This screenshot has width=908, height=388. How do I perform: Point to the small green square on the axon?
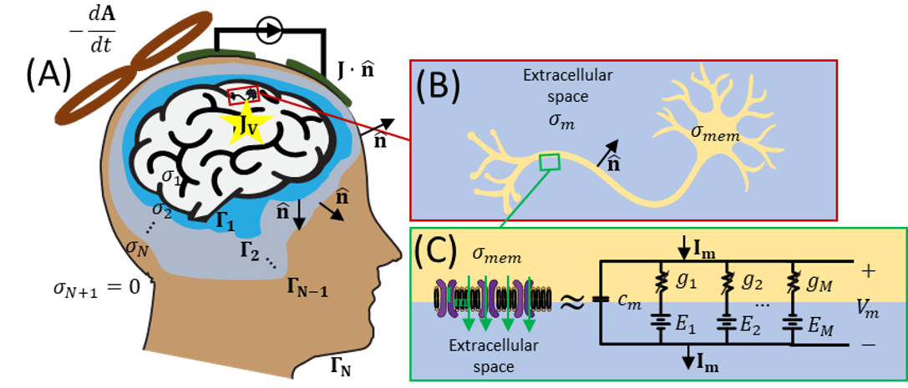click(548, 162)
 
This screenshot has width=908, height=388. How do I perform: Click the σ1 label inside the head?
click(171, 178)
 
